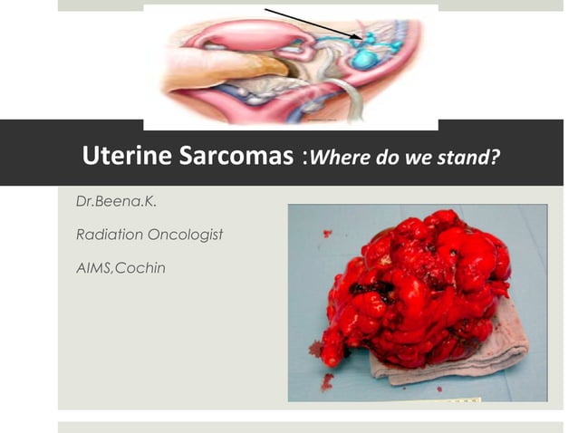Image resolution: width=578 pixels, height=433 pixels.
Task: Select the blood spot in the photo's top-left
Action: [x=327, y=234]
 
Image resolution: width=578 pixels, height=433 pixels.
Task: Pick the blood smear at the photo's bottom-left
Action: [x=325, y=381]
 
